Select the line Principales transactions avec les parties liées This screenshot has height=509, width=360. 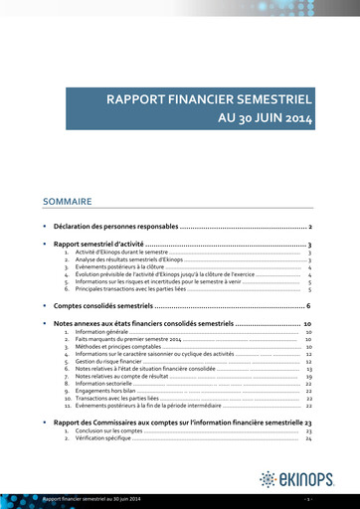tap(129, 288)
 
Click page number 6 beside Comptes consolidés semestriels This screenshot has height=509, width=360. tap(309, 305)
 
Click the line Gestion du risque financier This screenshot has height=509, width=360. tap(110, 359)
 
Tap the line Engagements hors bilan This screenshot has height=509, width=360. tap(105, 386)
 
